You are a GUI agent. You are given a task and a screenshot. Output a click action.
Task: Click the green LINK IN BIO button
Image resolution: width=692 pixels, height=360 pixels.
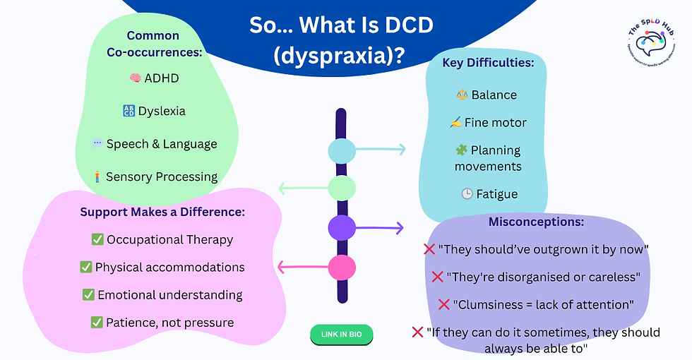pyautogui.click(x=341, y=334)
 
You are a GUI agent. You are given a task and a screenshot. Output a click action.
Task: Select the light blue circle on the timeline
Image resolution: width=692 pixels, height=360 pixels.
pyautogui.click(x=342, y=150)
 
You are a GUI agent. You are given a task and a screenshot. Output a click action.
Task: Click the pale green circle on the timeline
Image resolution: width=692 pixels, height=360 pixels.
pyautogui.click(x=342, y=188)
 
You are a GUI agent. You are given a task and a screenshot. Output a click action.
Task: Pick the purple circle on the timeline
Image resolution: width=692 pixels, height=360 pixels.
pyautogui.click(x=342, y=227)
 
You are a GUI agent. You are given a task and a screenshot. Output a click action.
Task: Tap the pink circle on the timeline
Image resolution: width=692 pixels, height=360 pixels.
pyautogui.click(x=342, y=268)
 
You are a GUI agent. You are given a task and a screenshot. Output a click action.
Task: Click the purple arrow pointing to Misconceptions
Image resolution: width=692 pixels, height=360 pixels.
pyautogui.click(x=381, y=227)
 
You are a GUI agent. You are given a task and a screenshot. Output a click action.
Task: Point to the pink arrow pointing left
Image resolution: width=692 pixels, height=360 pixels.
pyautogui.click(x=302, y=267)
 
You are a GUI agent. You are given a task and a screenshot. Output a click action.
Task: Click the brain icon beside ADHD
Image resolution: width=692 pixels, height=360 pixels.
pyautogui.click(x=136, y=78)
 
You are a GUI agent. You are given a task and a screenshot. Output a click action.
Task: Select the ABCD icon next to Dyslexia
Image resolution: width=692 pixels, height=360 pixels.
pyautogui.click(x=129, y=111)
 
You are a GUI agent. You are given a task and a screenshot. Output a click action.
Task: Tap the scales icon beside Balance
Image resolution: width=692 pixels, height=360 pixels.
pyautogui.click(x=462, y=95)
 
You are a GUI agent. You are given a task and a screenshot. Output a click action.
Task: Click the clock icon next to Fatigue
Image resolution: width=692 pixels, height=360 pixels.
pyautogui.click(x=467, y=194)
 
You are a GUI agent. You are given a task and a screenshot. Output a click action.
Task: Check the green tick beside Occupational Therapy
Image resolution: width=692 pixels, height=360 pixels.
pyautogui.click(x=97, y=239)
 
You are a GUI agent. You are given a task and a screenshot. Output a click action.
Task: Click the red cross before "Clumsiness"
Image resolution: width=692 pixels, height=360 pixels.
pyautogui.click(x=443, y=304)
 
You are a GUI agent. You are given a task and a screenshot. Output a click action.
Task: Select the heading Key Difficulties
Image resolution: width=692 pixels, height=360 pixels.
pyautogui.click(x=488, y=62)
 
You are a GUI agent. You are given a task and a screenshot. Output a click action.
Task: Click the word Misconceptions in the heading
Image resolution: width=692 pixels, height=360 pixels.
pyautogui.click(x=536, y=222)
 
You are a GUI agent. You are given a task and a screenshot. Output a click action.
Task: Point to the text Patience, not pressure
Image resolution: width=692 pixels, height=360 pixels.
pyautogui.click(x=170, y=323)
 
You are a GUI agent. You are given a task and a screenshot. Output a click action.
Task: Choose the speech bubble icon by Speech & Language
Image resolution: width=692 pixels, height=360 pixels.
pyautogui.click(x=97, y=144)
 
